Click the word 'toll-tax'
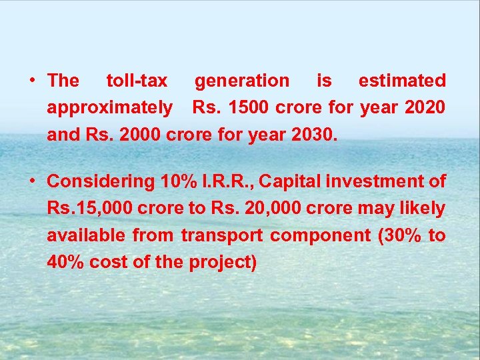137,81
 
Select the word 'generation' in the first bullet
242,81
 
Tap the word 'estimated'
402,81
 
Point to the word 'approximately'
109,108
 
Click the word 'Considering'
101,181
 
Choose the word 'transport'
221,235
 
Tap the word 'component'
321,235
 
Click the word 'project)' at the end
223,262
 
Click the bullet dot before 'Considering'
32,181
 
